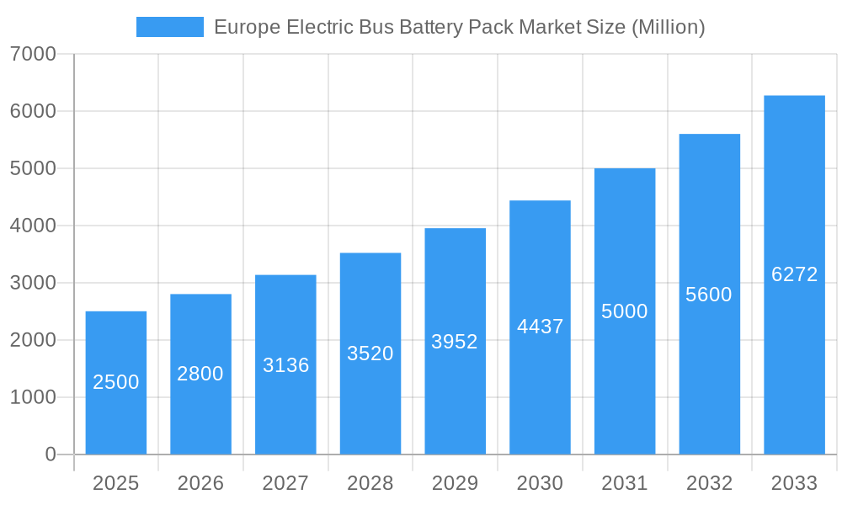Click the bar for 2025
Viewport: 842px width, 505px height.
(116, 383)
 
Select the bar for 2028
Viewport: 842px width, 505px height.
(370, 353)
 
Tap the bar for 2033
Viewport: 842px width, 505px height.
(794, 275)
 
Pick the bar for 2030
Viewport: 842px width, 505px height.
(540, 327)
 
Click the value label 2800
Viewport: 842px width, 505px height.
(200, 374)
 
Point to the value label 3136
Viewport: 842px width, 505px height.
(285, 365)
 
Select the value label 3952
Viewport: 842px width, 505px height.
(455, 342)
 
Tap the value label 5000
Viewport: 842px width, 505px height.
(625, 311)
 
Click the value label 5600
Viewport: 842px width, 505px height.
(709, 295)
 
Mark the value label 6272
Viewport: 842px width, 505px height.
(794, 274)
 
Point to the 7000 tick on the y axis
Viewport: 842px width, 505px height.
(33, 55)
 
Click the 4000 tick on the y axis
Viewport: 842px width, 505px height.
(33, 226)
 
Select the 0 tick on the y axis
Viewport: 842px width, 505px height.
(50, 454)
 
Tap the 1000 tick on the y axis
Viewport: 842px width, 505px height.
(33, 397)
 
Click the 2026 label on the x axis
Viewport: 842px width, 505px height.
(200, 484)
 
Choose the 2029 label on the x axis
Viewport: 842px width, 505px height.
(455, 484)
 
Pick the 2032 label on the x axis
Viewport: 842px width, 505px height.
(709, 484)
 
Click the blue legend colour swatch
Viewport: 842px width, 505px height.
(170, 27)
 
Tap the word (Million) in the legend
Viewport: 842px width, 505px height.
(668, 28)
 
